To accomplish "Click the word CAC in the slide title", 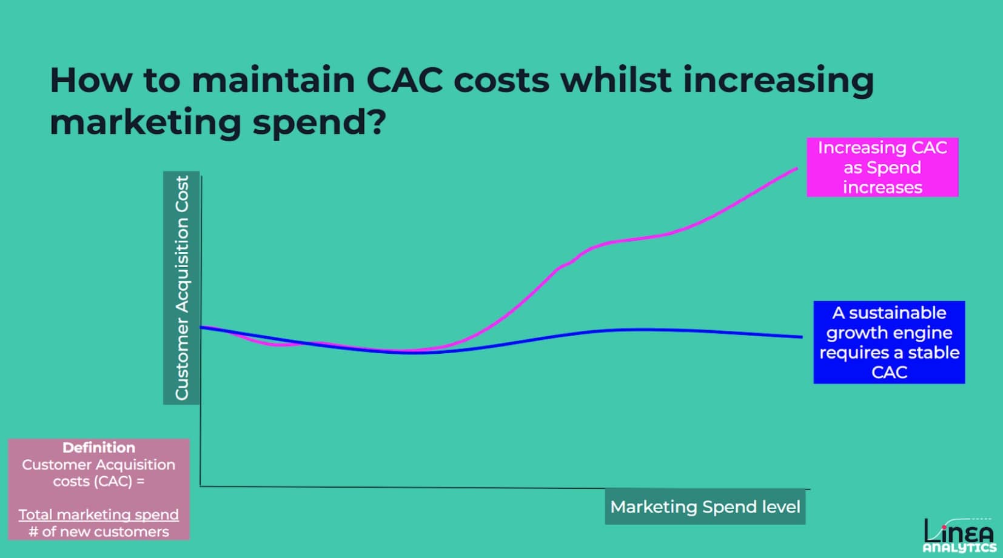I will (x=404, y=80).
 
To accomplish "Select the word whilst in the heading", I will (x=616, y=80).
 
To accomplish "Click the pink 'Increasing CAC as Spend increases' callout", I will (x=882, y=167).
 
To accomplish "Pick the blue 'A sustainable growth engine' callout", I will (x=888, y=342).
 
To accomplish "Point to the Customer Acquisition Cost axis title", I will (x=181, y=288).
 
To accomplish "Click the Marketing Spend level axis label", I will (x=705, y=507).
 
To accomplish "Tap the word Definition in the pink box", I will (x=99, y=448).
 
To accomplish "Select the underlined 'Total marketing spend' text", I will (x=99, y=514).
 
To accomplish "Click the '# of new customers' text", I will (x=99, y=532).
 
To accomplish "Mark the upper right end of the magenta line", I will (x=796, y=168).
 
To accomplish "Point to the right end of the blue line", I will (x=801, y=337).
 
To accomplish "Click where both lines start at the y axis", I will (x=201, y=327).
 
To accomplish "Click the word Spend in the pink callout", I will (x=894, y=168).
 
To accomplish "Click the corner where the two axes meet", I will (x=201, y=486).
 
